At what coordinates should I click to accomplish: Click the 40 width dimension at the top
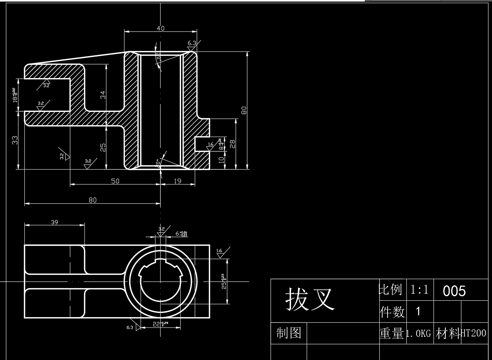pos(161,28)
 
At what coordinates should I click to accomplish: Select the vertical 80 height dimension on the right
pos(244,110)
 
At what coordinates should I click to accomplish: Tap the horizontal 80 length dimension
pos(93,200)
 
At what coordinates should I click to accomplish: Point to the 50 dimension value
pos(115,181)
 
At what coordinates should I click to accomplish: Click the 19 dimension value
pos(177,181)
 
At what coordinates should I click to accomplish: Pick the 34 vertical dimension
pos(103,95)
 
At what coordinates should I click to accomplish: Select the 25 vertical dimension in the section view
pos(103,147)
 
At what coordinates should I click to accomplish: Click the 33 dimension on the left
pos(15,140)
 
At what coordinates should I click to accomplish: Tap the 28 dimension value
pos(232,144)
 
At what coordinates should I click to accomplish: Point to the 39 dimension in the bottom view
pos(55,222)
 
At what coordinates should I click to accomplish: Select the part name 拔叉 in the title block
pos(310,299)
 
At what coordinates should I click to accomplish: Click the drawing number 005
pos(454,291)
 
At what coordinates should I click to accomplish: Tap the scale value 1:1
pos(419,290)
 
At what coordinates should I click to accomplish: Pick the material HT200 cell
pos(473,334)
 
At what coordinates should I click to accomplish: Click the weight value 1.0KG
pos(419,334)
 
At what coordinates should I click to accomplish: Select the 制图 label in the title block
pos(289,333)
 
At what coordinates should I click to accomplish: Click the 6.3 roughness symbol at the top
pos(192,43)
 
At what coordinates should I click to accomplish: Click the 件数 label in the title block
pos(391,312)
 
